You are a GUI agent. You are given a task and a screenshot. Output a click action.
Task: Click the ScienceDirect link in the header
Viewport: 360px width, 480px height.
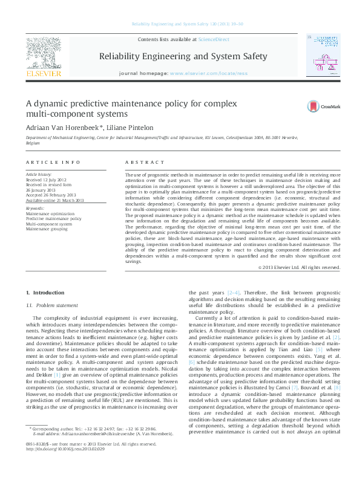click(214, 39)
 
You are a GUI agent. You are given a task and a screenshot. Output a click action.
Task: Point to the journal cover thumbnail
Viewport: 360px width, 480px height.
click(323, 57)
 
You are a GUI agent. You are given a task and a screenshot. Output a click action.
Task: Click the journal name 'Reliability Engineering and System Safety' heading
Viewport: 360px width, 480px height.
click(182, 56)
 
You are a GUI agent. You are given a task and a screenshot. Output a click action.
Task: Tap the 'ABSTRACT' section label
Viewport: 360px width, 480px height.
click(145, 163)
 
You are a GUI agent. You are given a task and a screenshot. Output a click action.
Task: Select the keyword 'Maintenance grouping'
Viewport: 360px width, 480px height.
click(47, 228)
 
